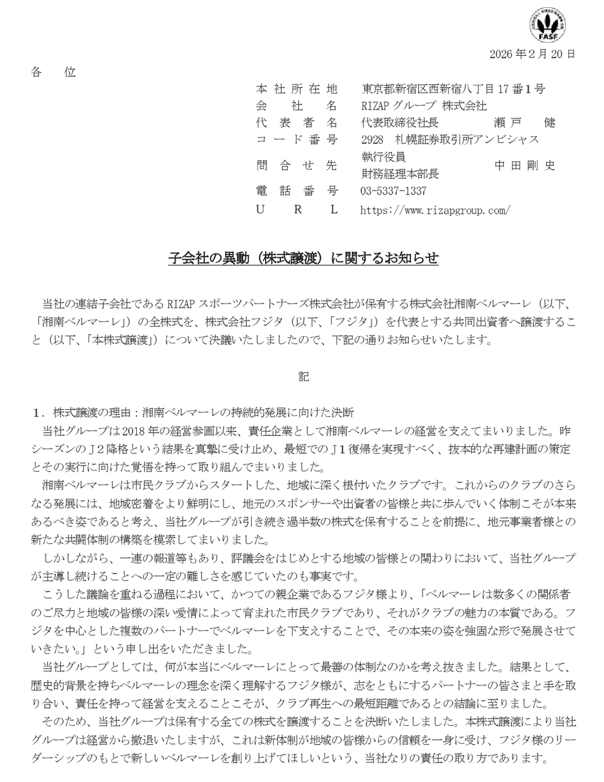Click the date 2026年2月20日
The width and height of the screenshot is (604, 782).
click(x=532, y=54)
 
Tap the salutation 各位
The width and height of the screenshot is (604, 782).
click(x=53, y=72)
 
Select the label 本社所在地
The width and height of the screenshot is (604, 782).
click(x=296, y=89)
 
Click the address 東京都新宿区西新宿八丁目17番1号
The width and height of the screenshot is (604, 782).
click(x=453, y=89)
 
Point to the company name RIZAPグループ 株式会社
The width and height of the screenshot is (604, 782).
click(x=423, y=106)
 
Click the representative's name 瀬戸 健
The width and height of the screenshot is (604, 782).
click(x=524, y=122)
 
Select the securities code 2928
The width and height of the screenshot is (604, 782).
click(x=371, y=139)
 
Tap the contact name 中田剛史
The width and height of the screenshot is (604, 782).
click(x=525, y=165)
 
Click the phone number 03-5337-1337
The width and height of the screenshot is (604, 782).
click(x=393, y=191)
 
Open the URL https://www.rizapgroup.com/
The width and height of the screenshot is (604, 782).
click(x=435, y=210)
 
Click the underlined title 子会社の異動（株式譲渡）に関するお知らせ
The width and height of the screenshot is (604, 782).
click(x=303, y=258)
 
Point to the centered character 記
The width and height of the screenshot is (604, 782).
click(x=304, y=376)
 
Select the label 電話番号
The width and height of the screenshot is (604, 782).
click(x=296, y=191)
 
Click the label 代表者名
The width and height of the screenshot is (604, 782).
click(x=296, y=122)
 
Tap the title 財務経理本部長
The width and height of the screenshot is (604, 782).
click(x=399, y=174)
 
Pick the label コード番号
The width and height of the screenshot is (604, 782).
click(x=296, y=139)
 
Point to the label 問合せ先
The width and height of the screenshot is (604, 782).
click(x=296, y=165)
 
